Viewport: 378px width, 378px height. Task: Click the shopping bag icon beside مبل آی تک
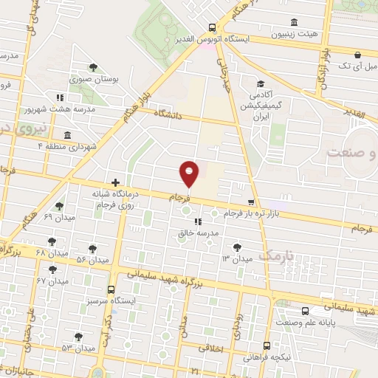coord(357,53)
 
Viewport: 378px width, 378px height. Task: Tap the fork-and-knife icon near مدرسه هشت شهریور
coord(59,97)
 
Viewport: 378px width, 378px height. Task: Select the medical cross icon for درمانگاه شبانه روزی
coord(115,182)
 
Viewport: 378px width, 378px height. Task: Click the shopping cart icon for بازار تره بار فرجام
coord(251,202)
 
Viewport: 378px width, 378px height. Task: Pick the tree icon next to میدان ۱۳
coord(236,247)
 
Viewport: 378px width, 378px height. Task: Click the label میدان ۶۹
coord(58,217)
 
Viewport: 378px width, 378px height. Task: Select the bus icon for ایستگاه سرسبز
coord(111,289)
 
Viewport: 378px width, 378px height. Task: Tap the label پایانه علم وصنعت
coord(307,323)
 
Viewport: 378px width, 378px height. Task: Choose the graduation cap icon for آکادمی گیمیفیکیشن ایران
coord(260,84)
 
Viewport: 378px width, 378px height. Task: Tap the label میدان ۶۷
coord(51,281)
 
